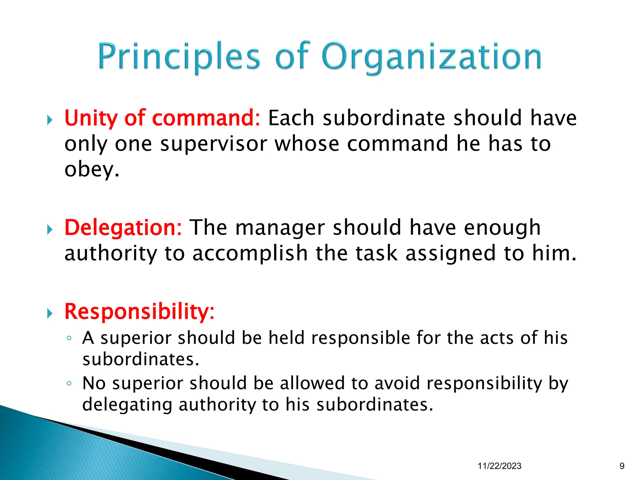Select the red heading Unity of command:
click(x=162, y=118)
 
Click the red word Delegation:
click(x=123, y=227)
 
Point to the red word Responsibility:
click(x=139, y=312)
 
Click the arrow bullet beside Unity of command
click(x=50, y=120)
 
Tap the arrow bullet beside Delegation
click(x=50, y=230)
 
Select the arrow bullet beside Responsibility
click(x=50, y=313)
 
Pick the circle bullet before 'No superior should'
click(x=69, y=383)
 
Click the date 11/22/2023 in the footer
click(x=499, y=466)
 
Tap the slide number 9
click(x=622, y=466)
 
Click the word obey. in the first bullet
click(x=92, y=170)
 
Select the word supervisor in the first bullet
click(x=213, y=144)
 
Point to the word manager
click(x=280, y=227)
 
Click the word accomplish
click(x=250, y=253)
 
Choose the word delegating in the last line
click(x=127, y=405)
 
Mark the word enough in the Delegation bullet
click(x=502, y=227)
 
